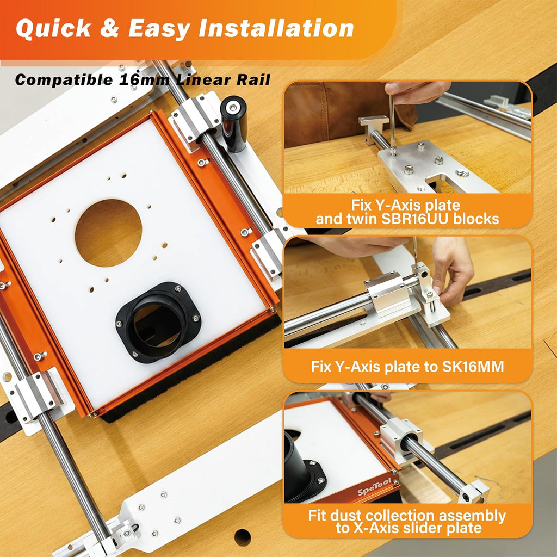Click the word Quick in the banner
[53, 28]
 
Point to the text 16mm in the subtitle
[144, 79]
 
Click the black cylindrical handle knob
[234, 123]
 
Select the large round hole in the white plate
[108, 233]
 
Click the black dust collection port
[158, 322]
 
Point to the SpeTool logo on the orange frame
[374, 487]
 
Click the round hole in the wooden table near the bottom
[243, 537]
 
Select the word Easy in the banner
[158, 28]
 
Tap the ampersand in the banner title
[109, 28]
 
